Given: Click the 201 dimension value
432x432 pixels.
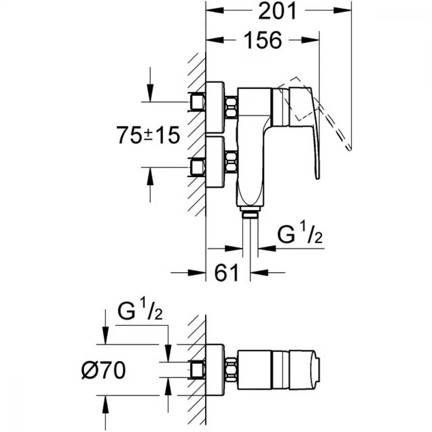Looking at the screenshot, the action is coord(277,11).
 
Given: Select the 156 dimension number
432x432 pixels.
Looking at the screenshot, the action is coord(263,40).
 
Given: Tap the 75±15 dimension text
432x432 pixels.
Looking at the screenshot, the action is coord(148,135).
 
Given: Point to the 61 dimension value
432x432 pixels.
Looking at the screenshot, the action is coord(226,273).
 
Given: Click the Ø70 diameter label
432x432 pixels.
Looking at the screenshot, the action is coord(104,370).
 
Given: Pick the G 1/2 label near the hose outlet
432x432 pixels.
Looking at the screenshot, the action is coord(300,234).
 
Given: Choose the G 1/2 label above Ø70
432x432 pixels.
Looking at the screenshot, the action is coord(140,310).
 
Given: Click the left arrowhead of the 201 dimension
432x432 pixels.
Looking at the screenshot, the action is coord(215,10).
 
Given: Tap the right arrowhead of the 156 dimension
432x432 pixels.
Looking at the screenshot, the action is coord(311,40).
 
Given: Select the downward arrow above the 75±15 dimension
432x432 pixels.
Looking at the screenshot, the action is coord(150,85).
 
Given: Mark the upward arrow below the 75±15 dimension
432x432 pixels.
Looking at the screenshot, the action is coord(150,185).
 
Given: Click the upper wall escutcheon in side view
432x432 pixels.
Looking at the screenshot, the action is coord(215,108).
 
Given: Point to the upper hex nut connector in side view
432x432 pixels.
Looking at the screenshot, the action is coord(231,108).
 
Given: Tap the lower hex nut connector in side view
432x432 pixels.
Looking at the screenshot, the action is coord(231,162).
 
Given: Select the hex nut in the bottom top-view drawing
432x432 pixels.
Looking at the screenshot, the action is coord(231,370).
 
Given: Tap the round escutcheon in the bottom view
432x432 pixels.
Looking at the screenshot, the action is coord(215,370).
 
